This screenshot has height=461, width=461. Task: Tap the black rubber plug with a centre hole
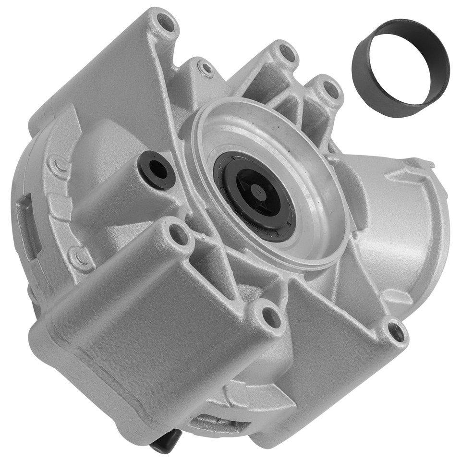tap(156, 170)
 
